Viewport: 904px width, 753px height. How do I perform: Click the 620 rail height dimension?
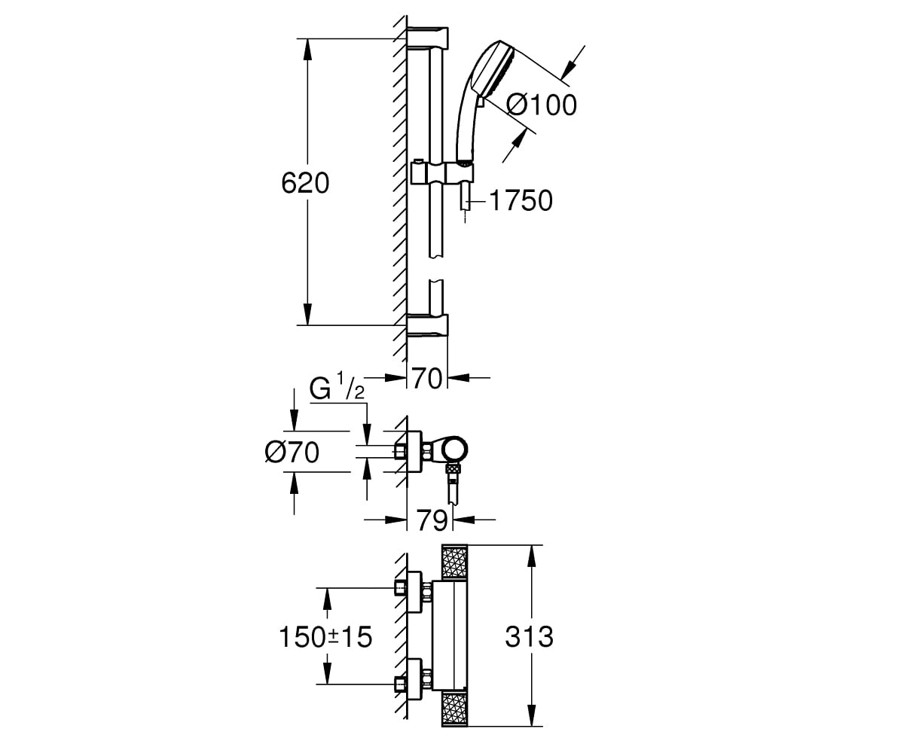pos(305,183)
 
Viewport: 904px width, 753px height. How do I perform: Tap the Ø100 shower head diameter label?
pos(541,105)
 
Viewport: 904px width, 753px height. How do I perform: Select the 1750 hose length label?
pos(521,200)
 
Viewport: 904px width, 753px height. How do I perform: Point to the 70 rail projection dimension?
pos(427,378)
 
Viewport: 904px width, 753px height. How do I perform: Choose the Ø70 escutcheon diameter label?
pos(292,453)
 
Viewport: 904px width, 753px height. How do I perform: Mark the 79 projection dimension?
pos(431,520)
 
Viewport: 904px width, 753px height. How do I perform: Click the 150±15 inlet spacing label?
pos(325,636)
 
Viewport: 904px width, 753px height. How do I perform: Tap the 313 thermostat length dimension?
pos(529,636)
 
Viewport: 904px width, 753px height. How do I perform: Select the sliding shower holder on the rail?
pos(441,172)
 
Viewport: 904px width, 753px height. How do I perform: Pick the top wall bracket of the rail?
pos(427,38)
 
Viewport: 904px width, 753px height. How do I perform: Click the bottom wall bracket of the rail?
pos(427,325)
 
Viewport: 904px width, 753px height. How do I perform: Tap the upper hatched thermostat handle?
pos(454,562)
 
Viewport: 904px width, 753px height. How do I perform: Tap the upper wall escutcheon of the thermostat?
pos(414,592)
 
